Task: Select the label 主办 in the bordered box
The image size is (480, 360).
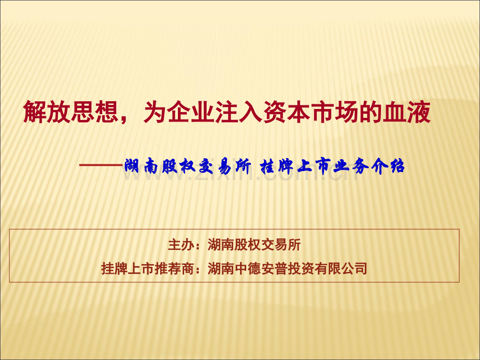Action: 181,245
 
